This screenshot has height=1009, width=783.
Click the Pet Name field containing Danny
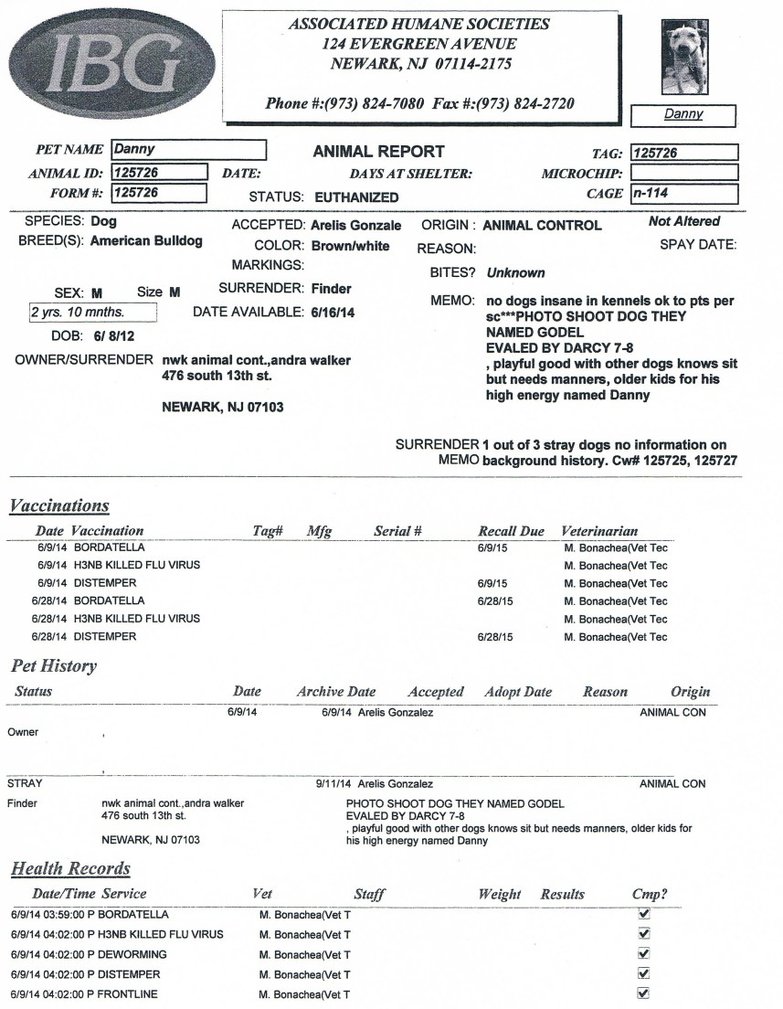tap(188, 150)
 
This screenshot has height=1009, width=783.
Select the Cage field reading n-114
tap(683, 194)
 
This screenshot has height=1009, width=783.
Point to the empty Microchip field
tap(683, 173)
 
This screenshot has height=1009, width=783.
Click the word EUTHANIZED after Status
tap(356, 196)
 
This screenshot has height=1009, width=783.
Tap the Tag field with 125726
tap(683, 154)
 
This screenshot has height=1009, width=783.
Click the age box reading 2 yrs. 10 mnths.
tap(91, 313)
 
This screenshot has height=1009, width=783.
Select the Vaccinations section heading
tap(59, 506)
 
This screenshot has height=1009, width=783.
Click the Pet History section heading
tap(54, 666)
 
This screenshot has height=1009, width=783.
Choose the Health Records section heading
tap(70, 869)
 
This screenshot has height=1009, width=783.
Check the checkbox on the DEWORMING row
tap(643, 953)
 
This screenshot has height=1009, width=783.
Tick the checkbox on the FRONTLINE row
tap(643, 993)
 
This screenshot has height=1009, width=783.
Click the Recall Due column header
tap(511, 531)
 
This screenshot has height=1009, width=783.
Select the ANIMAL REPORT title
tap(378, 152)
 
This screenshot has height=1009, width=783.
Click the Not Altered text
tap(683, 221)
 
